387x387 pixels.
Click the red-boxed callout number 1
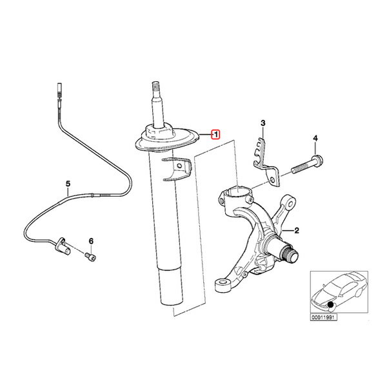click(215, 135)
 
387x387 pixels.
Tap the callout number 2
click(297, 230)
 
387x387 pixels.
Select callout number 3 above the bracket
click(263, 123)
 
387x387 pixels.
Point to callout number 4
click(315, 139)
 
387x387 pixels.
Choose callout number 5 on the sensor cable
click(68, 184)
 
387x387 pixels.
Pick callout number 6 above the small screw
click(91, 241)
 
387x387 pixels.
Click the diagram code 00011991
click(323, 317)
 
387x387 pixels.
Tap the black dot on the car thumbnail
click(330, 305)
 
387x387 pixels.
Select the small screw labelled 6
click(90, 257)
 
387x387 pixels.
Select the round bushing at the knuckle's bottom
click(223, 285)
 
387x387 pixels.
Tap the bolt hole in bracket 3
click(272, 180)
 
